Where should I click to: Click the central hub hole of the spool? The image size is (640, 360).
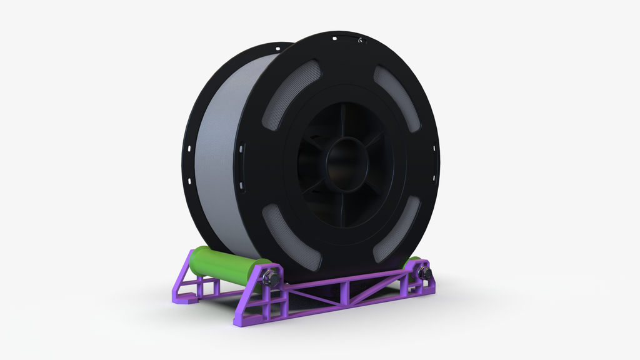pos(347,164)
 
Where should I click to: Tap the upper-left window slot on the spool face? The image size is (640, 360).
pos(289,94)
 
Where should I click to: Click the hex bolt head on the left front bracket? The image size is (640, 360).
pos(270,277)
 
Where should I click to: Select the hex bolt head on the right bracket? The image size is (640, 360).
pos(424,273)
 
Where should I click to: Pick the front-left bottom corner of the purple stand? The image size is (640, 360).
pos(241,321)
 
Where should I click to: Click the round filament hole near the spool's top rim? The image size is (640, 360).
pos(361,41)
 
